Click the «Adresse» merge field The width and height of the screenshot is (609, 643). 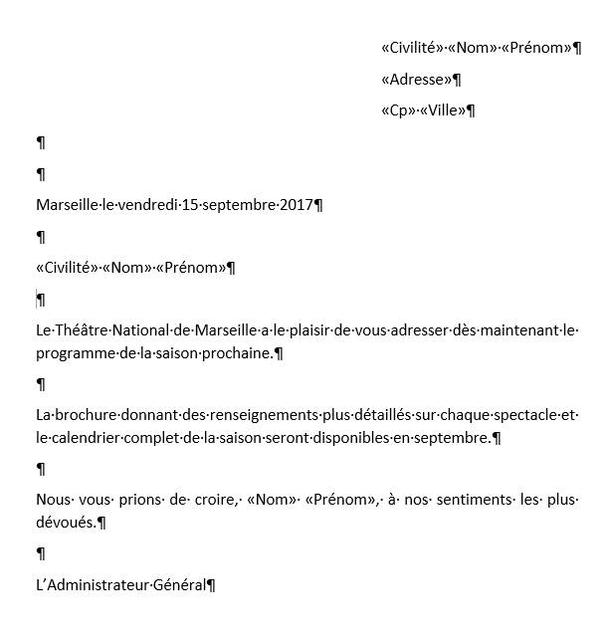click(x=417, y=79)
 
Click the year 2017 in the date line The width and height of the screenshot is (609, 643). click(x=296, y=205)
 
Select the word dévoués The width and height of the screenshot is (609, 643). click(x=65, y=523)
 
